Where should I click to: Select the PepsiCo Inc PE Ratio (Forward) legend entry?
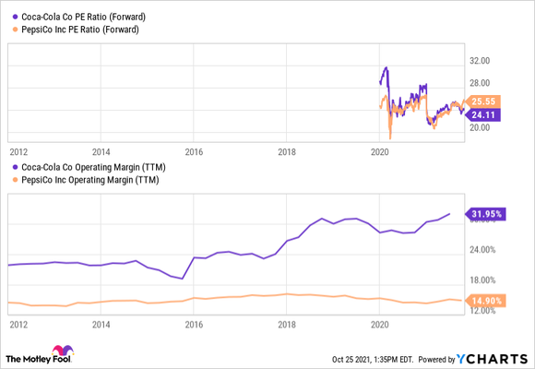80,30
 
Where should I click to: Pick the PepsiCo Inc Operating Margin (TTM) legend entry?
88,180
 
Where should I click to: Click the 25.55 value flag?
484,101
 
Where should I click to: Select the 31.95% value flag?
487,215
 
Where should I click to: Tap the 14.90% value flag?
487,301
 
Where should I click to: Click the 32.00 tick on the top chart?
481,61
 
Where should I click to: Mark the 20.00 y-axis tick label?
481,127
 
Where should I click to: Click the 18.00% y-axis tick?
483,280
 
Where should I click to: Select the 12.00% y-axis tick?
483,311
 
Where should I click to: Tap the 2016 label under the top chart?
194,149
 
